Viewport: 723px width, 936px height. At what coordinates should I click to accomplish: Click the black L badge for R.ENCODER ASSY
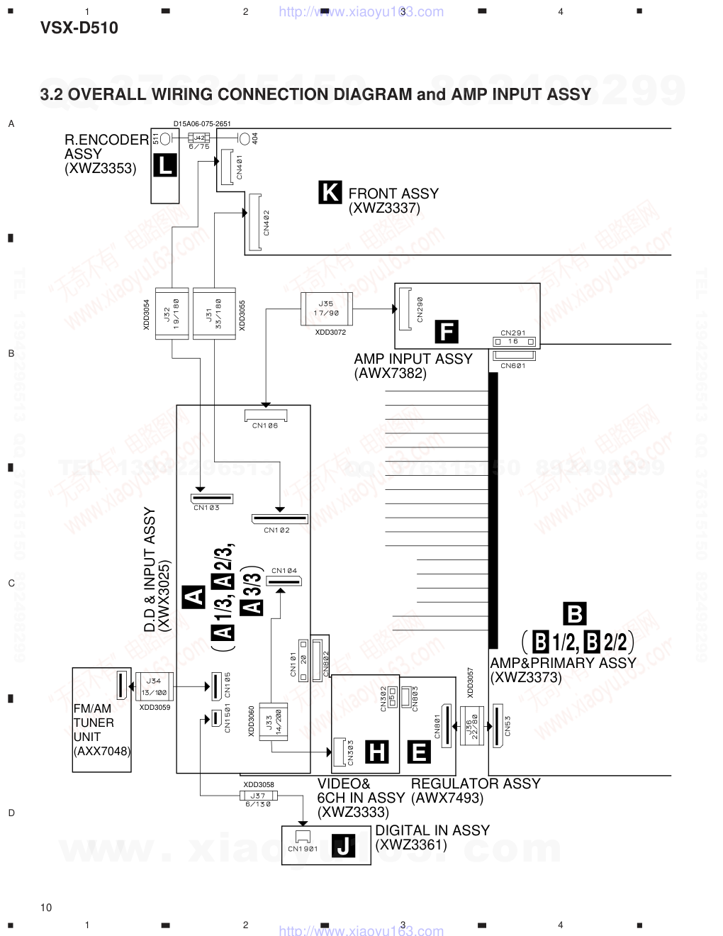coord(165,166)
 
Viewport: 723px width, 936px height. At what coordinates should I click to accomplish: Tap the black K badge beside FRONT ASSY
coord(330,192)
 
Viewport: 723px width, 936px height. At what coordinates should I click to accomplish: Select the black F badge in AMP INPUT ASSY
coord(446,331)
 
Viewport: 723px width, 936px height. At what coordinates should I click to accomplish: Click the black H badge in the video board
coord(377,751)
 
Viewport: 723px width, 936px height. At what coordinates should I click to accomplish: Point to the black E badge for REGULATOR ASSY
coord(419,751)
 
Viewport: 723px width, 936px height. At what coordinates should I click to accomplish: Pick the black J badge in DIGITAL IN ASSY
coord(344,845)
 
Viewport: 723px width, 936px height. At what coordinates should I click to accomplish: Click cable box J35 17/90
coord(326,308)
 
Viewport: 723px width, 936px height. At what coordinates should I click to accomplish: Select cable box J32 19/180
coord(172,313)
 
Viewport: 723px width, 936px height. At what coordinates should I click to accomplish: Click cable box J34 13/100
coord(154,686)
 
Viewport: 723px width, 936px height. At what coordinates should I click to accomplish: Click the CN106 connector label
coord(265,425)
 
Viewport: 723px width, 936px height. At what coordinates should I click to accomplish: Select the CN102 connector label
coord(276,530)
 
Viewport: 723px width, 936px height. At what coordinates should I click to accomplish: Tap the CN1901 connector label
coord(303,848)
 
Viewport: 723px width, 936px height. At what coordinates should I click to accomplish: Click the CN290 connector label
coord(420,309)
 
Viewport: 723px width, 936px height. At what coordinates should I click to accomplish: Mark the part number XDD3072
coord(330,332)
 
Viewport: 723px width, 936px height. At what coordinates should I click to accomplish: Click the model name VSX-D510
coord(79,28)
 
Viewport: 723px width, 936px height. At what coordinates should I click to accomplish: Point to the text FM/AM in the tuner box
coord(92,708)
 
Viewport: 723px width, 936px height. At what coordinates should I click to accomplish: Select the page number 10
coord(46,908)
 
